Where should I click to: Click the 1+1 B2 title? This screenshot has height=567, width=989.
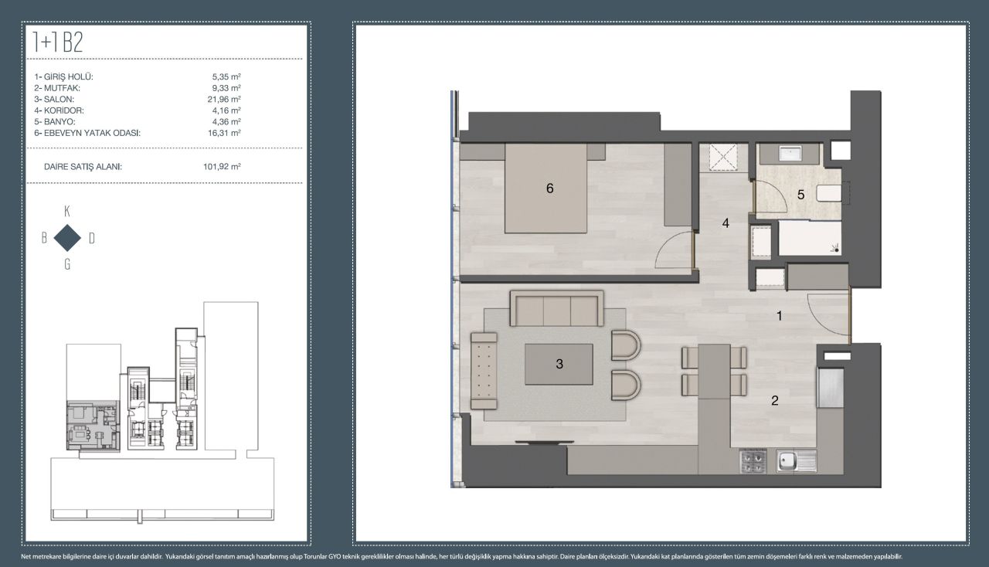point(58,42)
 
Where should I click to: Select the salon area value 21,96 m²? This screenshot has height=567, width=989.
point(224,100)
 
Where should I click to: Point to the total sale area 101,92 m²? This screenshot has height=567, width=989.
point(222,167)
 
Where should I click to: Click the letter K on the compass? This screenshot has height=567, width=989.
point(67,212)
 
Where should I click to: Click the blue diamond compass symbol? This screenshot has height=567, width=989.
point(67,238)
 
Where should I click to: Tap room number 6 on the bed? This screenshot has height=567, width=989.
point(549,188)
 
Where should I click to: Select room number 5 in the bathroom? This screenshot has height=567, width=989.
point(800,195)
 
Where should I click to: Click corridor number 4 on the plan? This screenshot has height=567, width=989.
point(726,223)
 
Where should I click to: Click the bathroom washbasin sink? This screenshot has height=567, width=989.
point(793,154)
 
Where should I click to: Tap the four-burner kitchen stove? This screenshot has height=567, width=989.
point(753,461)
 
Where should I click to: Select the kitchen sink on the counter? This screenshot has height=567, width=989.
point(797,461)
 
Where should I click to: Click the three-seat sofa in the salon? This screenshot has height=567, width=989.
point(557,308)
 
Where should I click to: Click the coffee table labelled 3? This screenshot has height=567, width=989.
point(559,365)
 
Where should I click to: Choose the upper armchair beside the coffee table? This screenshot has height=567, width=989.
point(626,345)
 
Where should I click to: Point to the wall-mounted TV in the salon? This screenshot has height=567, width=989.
point(545,442)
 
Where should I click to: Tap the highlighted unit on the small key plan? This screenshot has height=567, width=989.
point(93,426)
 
